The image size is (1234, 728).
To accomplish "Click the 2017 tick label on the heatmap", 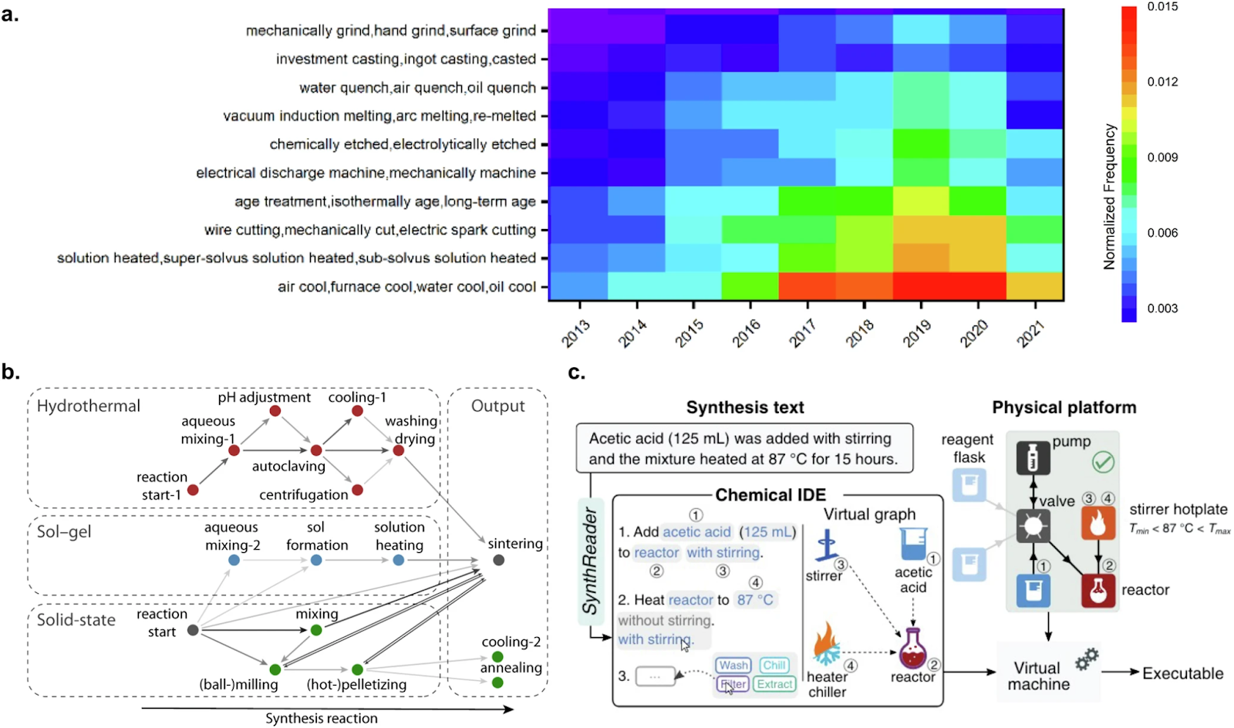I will pos(803,334).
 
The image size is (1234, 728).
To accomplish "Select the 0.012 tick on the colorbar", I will pos(1162,82).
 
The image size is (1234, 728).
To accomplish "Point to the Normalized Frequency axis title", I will pos(1109,197).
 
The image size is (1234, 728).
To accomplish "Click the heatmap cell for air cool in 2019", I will pos(921,286).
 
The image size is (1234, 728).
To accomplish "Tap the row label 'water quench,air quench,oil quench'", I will pos(417,88).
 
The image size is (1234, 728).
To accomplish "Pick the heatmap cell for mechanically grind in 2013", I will pos(577,30).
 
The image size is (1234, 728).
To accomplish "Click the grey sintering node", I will pos(499,560).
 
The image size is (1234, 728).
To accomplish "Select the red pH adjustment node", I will pos(275,412).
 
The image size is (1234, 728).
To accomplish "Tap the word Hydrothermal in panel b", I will pos(89,406).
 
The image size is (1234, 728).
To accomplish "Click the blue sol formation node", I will pos(316,560).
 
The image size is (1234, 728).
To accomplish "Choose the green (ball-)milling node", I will pos(275,669).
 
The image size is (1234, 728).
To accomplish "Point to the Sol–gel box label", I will pos(64,532).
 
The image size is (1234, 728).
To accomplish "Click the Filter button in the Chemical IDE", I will pos(733,684).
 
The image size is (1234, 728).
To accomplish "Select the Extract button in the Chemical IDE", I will pos(774,684).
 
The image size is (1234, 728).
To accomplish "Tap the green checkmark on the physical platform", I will pos(1103,463).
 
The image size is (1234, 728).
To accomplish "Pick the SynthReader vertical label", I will pos(591,561).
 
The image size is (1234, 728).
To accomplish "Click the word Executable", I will pos(1182,673).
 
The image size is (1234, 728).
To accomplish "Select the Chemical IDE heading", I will pos(770,495).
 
